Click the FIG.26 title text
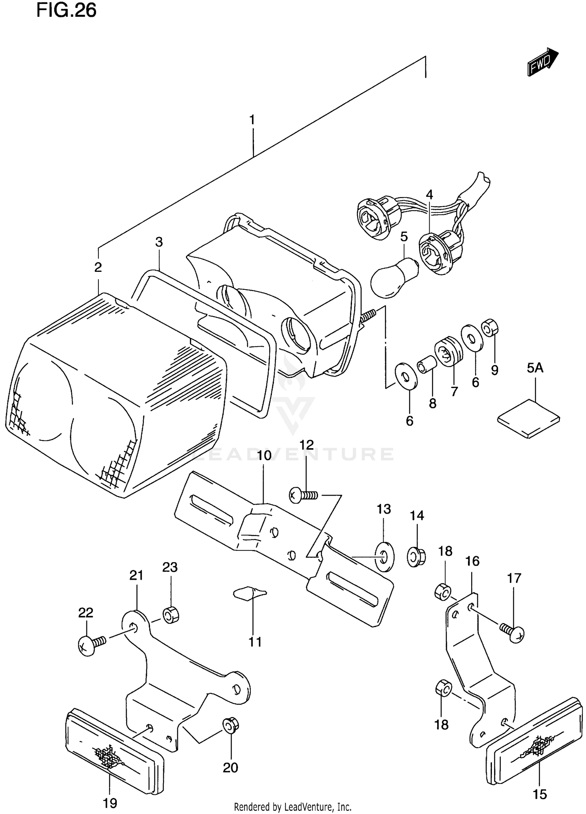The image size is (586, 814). point(66,11)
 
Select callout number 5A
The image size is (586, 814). point(535,368)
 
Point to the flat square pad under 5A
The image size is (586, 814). point(529,418)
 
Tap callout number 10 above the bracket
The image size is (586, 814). point(264,455)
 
